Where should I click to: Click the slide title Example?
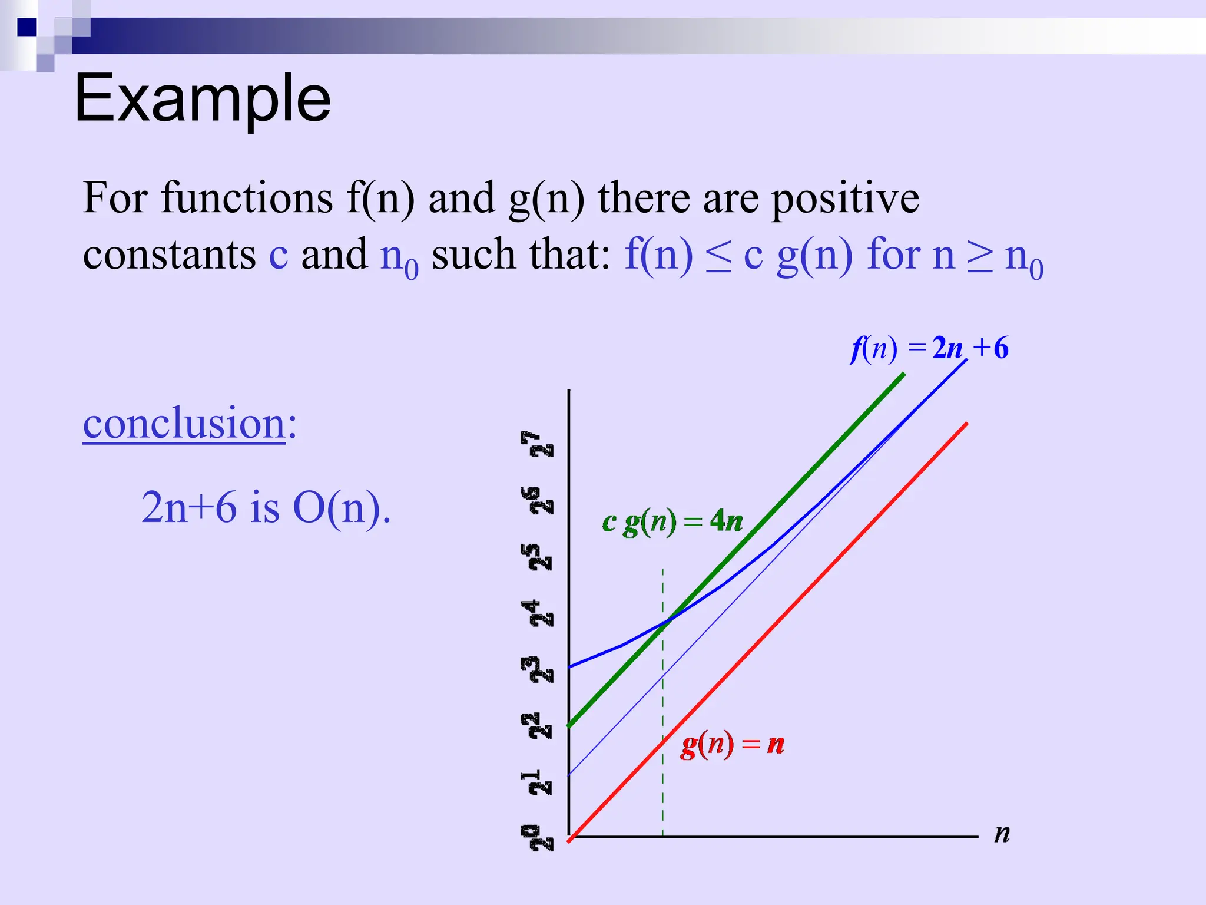[x=203, y=99]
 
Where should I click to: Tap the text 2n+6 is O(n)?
[x=266, y=507]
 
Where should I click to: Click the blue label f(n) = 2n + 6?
[x=929, y=348]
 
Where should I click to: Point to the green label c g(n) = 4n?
[x=672, y=521]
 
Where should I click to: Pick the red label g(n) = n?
[x=732, y=744]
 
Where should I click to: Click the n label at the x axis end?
[x=1002, y=834]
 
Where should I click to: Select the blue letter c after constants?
[x=279, y=255]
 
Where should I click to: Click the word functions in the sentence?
[x=247, y=198]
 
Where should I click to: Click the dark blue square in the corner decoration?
[x=26, y=27]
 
